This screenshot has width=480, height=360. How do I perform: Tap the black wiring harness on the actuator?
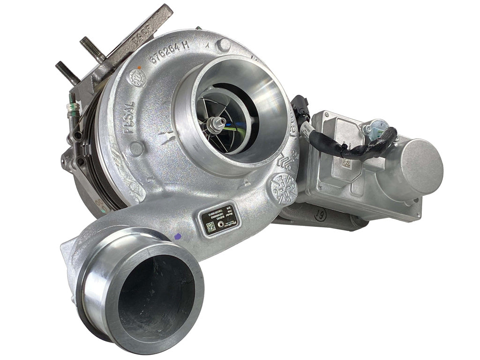[356, 148]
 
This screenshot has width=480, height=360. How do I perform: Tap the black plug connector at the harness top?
[300, 106]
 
